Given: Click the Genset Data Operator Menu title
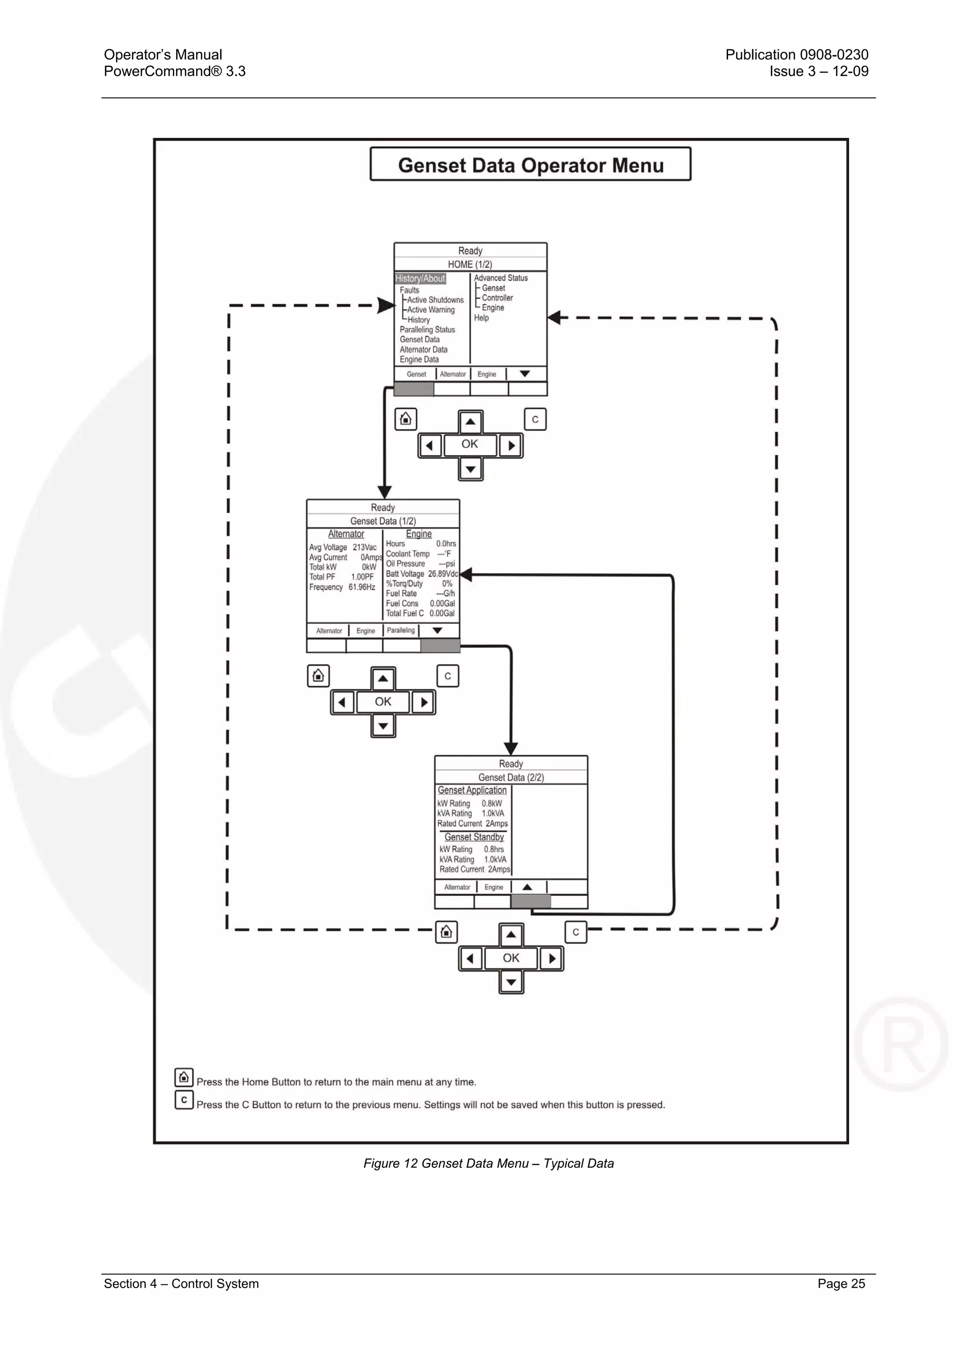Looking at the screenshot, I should pos(530,165).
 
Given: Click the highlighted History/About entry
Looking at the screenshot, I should pos(420,278).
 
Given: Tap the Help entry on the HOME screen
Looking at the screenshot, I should pos(481,318).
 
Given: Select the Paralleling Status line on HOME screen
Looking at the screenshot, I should pos(427,330).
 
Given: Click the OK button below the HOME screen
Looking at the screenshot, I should pos(470,444).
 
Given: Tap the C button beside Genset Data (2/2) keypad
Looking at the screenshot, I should pos(575,932).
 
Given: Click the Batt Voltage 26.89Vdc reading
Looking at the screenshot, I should pos(421,574).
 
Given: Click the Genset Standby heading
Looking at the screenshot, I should pos(474,837).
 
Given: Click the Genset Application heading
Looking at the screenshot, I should pos(471,790).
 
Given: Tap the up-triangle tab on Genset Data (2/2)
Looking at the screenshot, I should pos(527,887).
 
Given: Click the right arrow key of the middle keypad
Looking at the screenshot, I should pos(423,702).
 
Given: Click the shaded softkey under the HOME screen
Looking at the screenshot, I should pos(414,389).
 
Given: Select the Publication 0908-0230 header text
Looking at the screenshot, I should pos(797,54).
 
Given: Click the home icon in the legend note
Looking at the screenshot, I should pos(184,1077).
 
